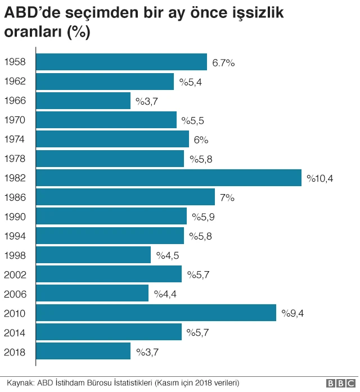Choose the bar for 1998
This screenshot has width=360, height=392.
point(93,255)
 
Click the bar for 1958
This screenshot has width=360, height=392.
point(121,62)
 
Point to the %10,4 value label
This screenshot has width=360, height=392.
point(320,179)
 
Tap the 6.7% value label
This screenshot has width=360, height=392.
point(223,63)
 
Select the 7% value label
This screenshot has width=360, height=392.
point(227,198)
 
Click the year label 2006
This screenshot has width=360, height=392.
point(15,294)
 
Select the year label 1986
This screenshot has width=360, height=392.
point(15,198)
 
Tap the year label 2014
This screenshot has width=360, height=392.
point(15,332)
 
